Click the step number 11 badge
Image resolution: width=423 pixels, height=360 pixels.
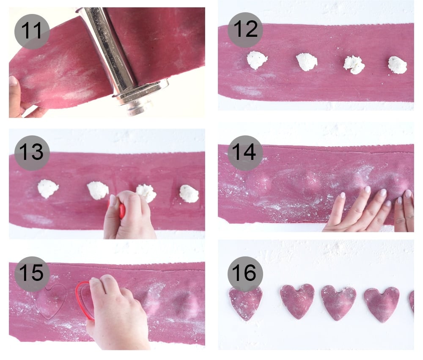tap(32, 32)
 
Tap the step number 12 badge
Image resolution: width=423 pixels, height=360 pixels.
tap(245, 30)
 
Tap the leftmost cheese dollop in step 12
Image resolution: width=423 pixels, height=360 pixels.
tap(257, 60)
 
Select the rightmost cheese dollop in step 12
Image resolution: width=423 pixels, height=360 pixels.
tap(397, 65)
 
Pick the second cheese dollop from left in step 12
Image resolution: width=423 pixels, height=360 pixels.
tap(307, 62)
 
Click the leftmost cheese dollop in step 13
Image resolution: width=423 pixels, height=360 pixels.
tap(48, 188)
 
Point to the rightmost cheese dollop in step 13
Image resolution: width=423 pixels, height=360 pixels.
tap(189, 194)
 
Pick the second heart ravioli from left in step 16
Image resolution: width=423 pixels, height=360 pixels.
tap(297, 301)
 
